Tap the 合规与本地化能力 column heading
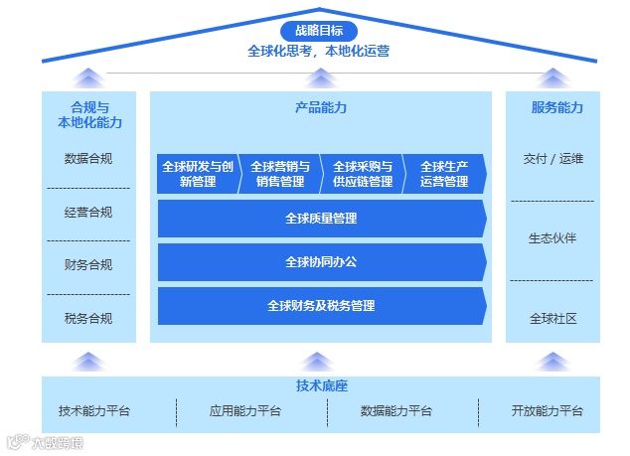[x=88, y=114]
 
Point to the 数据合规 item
[x=88, y=158]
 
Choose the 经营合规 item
[x=88, y=212]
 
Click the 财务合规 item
[x=88, y=265]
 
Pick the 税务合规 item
[x=88, y=319]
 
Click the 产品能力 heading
[x=321, y=107]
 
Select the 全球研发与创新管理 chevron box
[x=198, y=174]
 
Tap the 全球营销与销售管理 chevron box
[x=279, y=174]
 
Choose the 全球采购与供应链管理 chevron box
[x=363, y=174]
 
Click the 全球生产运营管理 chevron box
[x=444, y=174]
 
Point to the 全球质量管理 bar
[x=321, y=219]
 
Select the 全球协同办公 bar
[x=321, y=262]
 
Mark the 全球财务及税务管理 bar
[x=321, y=306]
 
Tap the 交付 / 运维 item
[x=553, y=158]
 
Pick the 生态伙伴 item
[x=553, y=238]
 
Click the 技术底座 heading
[x=321, y=385]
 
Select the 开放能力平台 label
[x=548, y=410]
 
